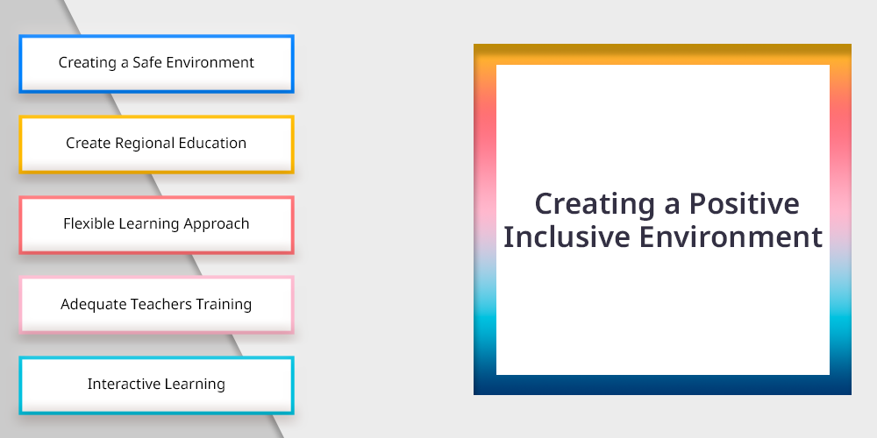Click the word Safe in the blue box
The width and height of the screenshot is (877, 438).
coord(145,62)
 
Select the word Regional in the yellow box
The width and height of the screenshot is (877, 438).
coord(137,143)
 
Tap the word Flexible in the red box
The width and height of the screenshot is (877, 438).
coord(83,223)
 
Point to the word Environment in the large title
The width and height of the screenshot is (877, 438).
coord(731,237)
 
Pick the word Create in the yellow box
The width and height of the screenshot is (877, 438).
coord(89,143)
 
